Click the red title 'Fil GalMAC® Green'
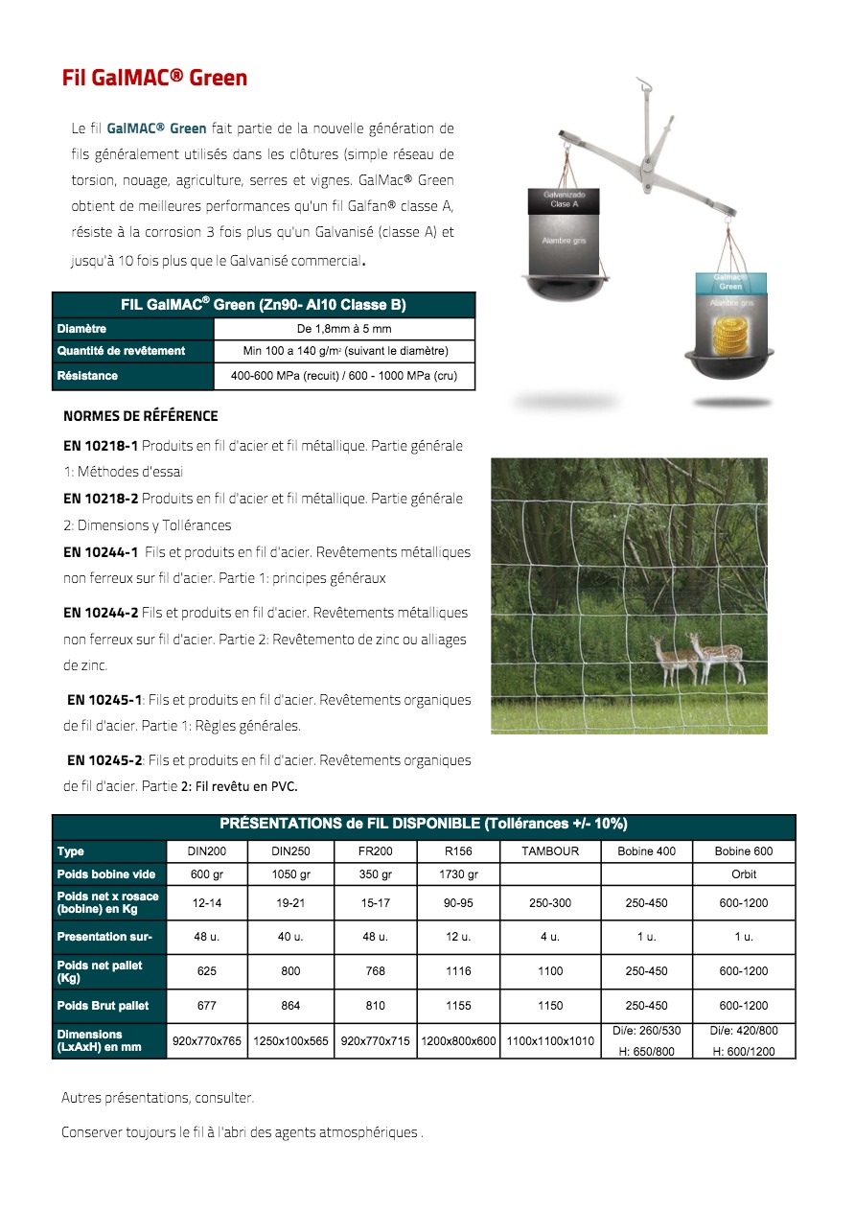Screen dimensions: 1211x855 [x=154, y=79]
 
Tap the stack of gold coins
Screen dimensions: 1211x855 [x=730, y=335]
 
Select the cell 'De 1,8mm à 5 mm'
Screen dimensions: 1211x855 [x=344, y=329]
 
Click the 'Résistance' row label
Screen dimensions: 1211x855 [x=87, y=376]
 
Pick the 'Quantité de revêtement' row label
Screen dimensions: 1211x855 [x=121, y=351]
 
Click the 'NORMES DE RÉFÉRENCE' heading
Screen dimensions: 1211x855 [x=140, y=416]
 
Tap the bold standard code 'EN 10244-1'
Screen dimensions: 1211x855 [x=101, y=552]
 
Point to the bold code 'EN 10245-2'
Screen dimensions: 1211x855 [x=104, y=760]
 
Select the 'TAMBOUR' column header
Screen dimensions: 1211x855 [x=550, y=851]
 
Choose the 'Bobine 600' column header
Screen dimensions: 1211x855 [x=743, y=851]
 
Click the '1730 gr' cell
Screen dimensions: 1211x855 [x=458, y=874]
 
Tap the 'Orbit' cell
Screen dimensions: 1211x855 [x=744, y=874]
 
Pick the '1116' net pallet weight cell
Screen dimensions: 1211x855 [x=458, y=971]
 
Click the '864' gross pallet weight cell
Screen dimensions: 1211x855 [x=290, y=1006]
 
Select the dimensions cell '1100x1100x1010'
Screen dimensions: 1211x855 [x=550, y=1040]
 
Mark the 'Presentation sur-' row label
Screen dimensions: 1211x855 [x=104, y=937]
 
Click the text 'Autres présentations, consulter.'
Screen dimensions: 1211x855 [x=157, y=1098]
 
